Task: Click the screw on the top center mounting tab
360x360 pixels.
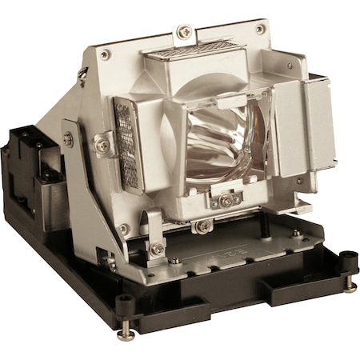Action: click(x=185, y=32)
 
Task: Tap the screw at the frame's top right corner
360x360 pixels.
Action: click(x=261, y=30)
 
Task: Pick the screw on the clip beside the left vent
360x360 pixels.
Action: click(x=102, y=145)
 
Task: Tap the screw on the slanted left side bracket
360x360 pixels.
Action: click(x=68, y=139)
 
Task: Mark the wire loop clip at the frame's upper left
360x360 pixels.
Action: click(x=83, y=74)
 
